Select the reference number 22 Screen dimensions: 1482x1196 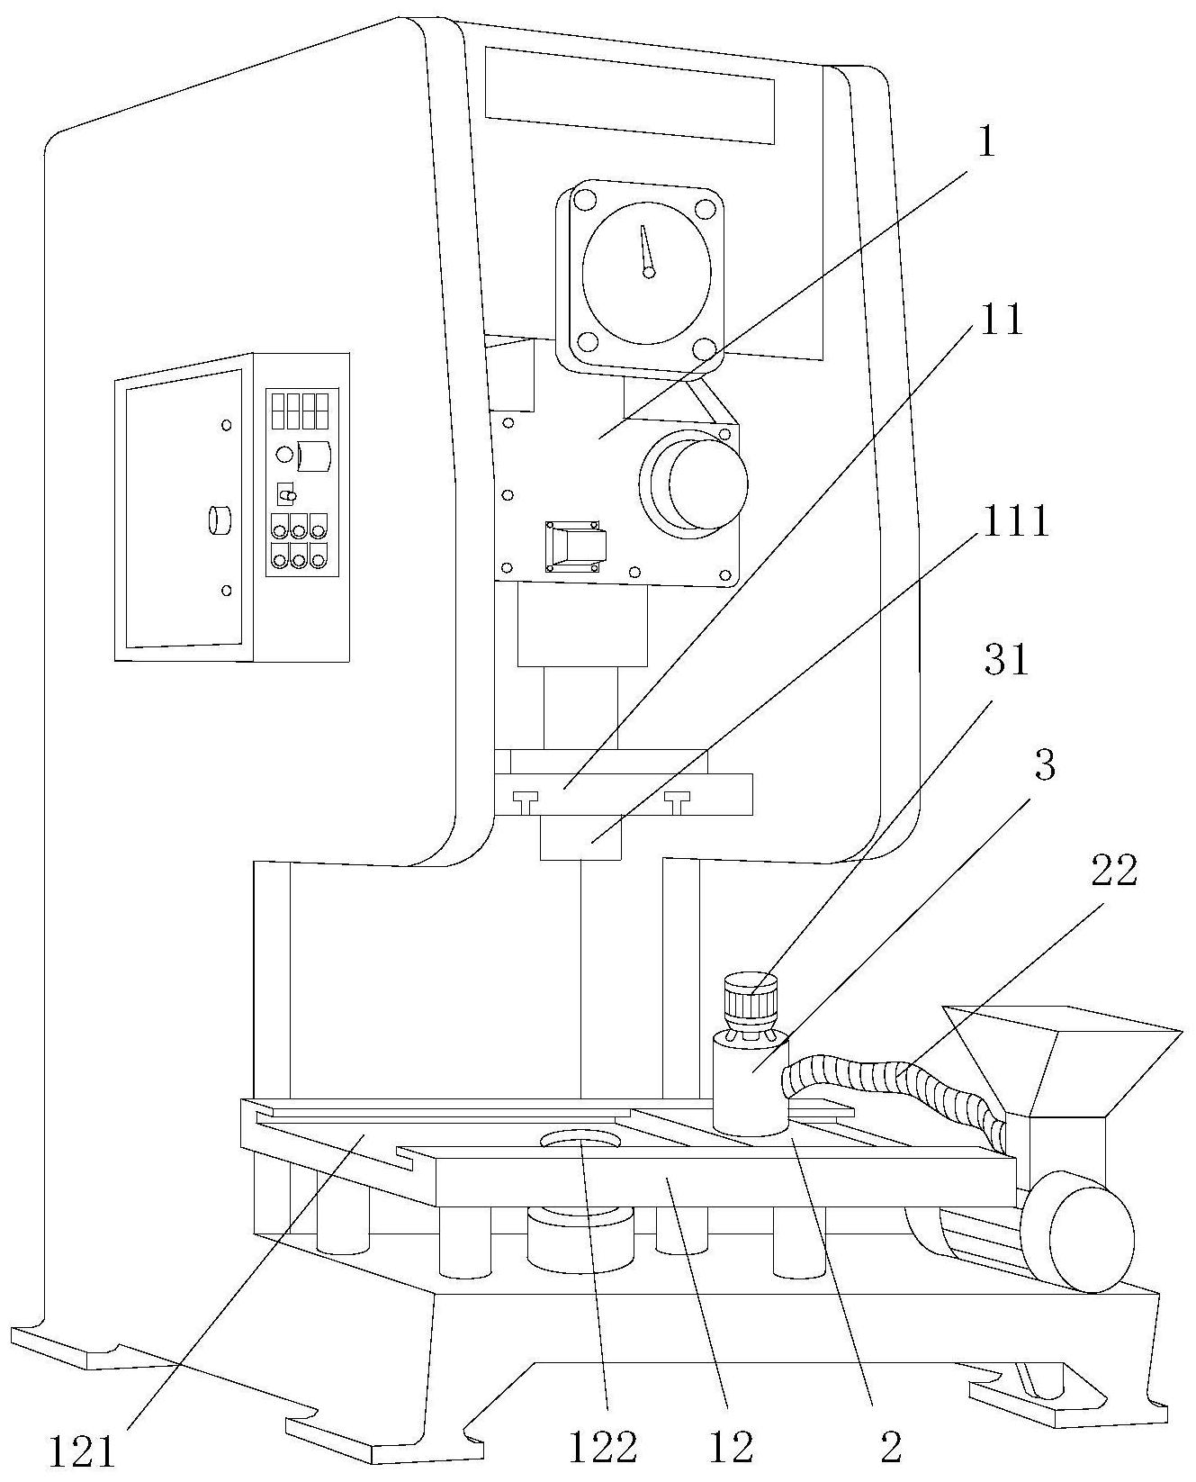1113,871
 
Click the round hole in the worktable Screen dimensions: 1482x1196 581,1141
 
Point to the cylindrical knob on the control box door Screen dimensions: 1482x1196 219,520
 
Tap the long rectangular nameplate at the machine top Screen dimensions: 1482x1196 629,95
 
